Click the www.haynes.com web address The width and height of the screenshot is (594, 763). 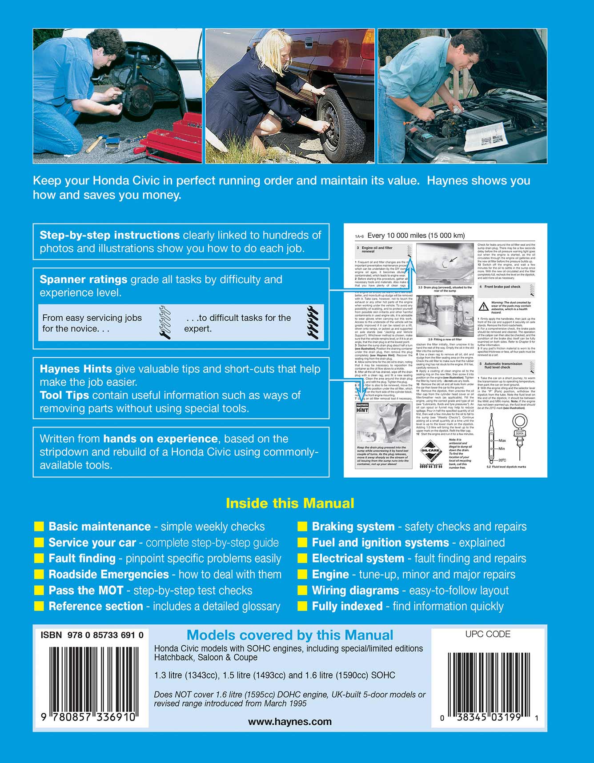click(x=289, y=722)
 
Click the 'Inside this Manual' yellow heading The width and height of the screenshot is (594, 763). click(x=290, y=503)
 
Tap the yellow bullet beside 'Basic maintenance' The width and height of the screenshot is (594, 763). click(x=39, y=527)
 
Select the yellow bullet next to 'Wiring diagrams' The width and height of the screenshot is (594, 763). click(x=302, y=591)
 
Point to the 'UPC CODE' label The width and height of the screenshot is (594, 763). click(x=488, y=634)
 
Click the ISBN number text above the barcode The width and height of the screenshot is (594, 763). click(x=92, y=635)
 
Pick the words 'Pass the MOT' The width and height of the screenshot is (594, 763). click(x=86, y=591)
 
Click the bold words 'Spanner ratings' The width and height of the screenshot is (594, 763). click(x=84, y=280)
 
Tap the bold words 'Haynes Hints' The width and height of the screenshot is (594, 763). click(x=76, y=369)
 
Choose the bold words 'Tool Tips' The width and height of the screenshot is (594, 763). click(x=64, y=395)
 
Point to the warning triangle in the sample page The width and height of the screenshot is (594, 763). click(x=483, y=306)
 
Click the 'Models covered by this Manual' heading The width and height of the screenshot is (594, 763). click(x=290, y=635)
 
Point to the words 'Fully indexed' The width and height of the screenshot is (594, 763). click(x=347, y=607)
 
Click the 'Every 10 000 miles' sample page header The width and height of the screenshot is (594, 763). click(x=416, y=236)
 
